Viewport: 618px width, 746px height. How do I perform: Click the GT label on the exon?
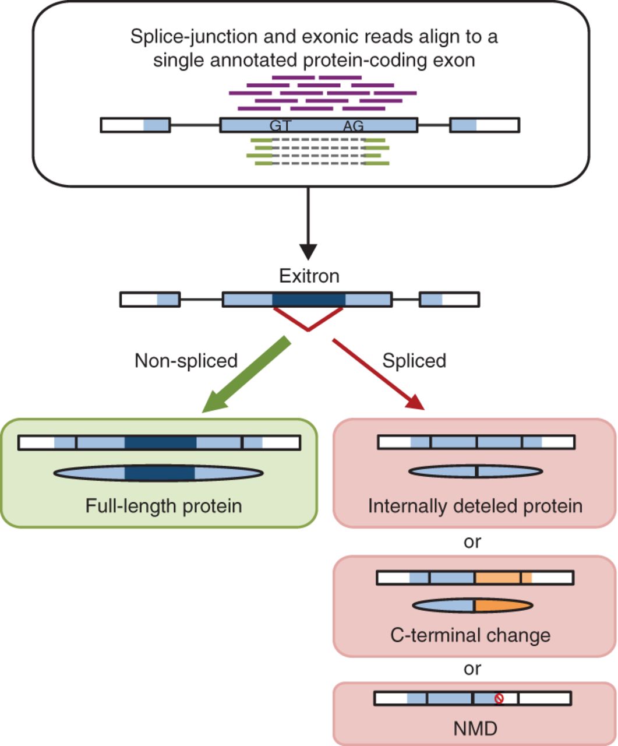tap(281, 125)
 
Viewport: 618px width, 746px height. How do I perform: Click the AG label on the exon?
tap(354, 125)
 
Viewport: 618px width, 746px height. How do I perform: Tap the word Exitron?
tap(309, 276)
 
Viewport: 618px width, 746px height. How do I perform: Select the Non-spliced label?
tap(186, 361)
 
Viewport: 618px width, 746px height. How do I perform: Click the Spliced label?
tap(414, 361)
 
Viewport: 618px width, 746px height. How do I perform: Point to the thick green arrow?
tap(246, 374)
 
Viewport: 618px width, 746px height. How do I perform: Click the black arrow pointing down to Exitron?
tap(308, 223)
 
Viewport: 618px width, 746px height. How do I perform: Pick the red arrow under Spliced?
tap(379, 374)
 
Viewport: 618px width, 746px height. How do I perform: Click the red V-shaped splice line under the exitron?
tap(308, 329)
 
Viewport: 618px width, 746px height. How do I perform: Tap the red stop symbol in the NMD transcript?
tap(499, 698)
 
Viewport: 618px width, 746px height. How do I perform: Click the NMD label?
tap(475, 729)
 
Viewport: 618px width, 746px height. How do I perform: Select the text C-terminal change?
tap(470, 636)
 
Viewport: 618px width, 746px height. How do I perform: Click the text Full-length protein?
tap(164, 506)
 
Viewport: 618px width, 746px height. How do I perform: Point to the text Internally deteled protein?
tap(475, 506)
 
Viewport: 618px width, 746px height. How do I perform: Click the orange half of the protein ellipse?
tap(503, 606)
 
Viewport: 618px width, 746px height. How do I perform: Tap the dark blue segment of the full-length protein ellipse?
tap(160, 473)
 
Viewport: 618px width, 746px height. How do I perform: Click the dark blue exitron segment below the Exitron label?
tap(309, 300)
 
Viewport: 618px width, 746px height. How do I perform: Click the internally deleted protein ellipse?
tap(475, 471)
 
